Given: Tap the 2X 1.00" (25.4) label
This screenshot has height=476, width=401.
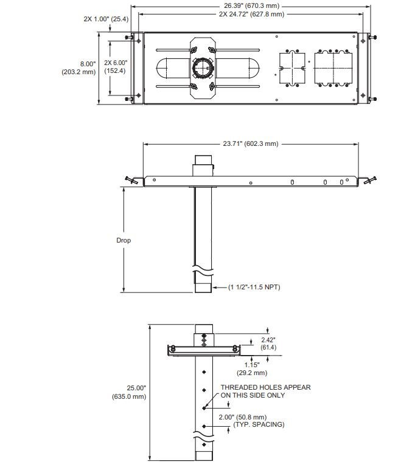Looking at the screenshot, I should [106, 19].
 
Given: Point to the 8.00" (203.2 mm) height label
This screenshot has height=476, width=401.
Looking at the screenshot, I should [79, 67].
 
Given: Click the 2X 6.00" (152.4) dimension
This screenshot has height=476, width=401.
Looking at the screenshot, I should [115, 67].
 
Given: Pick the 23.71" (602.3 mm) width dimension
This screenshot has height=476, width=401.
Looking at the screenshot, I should [249, 144].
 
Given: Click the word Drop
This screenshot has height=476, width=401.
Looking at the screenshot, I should [124, 240].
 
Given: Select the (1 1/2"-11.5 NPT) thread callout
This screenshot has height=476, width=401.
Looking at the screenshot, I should [254, 287].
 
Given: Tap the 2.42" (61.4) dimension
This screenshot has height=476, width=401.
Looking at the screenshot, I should [268, 343].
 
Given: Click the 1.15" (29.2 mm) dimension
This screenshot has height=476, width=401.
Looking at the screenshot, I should [252, 368].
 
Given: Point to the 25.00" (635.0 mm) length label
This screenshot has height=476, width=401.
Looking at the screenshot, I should [128, 392].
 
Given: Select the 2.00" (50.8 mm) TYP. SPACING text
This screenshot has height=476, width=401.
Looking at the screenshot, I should [259, 421].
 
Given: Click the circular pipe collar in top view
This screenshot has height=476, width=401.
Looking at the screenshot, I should [202, 68].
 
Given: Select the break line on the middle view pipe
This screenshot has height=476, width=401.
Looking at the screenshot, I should [203, 267].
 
